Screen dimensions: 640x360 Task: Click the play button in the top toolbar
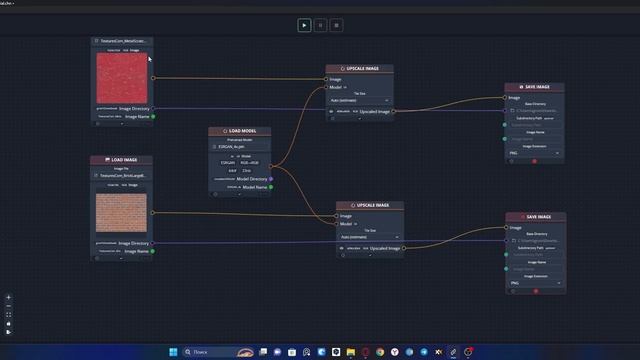[304, 25]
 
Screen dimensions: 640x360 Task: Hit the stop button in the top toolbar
[336, 25]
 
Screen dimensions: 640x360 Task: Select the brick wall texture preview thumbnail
[121, 214]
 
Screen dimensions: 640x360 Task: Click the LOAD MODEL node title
[240, 131]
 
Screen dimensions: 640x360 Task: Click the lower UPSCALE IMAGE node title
[370, 205]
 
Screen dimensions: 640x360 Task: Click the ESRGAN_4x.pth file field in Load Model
[240, 147]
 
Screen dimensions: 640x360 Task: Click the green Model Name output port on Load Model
[271, 187]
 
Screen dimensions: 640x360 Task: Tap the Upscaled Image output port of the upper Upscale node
[393, 112]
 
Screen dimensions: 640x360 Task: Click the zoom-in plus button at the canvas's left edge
[9, 297]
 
